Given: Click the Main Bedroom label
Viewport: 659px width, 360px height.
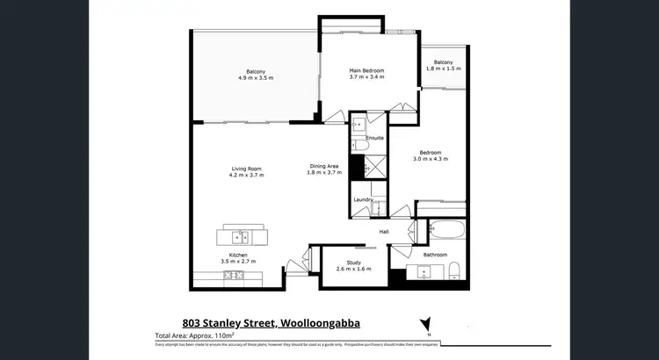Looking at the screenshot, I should (x=366, y=70).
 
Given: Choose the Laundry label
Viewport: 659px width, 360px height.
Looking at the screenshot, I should (x=363, y=200).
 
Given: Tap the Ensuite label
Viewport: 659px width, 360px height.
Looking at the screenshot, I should (x=374, y=138).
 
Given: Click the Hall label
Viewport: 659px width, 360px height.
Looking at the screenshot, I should (x=384, y=231).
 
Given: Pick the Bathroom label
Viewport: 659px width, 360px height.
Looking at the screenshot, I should (x=435, y=255).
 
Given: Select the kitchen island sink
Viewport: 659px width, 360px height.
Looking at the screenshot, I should (x=239, y=235).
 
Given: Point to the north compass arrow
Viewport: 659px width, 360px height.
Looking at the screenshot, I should (x=426, y=322).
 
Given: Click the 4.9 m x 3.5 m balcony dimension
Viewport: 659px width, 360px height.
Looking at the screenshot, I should (x=256, y=78).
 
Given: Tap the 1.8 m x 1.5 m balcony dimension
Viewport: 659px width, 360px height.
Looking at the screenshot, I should (x=443, y=68).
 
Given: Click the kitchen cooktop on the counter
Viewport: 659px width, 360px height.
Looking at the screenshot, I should (x=233, y=275).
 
